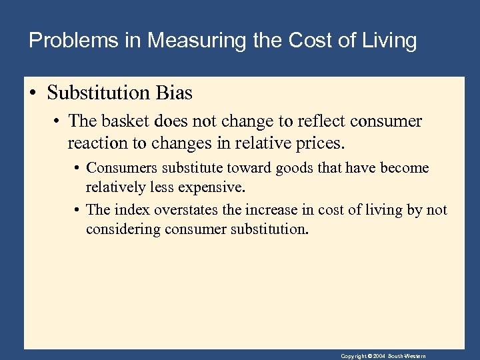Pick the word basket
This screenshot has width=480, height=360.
[x=135, y=121]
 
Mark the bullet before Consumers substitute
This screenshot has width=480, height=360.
[x=77, y=169]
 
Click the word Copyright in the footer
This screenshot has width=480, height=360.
[x=353, y=356]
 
